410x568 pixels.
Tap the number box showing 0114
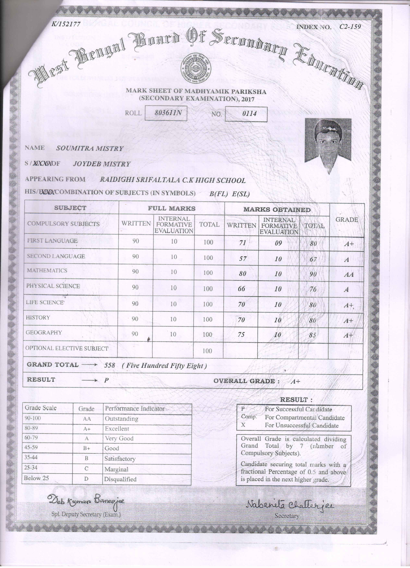(x=246, y=114)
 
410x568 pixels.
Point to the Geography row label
(x=44, y=332)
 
